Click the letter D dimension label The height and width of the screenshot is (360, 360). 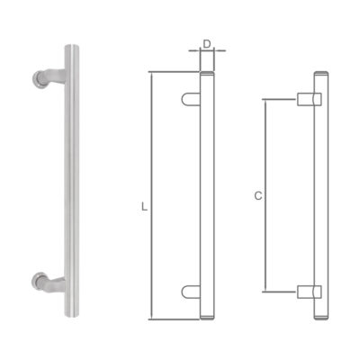point(206,43)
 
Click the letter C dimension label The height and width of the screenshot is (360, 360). point(258,194)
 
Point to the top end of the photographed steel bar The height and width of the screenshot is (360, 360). point(70,45)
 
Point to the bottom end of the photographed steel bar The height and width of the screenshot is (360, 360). point(70,316)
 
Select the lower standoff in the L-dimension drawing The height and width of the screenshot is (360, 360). point(191,290)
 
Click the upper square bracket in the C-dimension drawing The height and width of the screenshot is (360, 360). point(305,98)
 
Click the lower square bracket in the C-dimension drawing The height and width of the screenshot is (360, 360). point(305,290)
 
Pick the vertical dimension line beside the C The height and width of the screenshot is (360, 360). point(266,194)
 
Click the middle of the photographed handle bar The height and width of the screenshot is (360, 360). point(70,180)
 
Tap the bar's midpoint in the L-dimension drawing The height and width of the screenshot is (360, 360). point(206,194)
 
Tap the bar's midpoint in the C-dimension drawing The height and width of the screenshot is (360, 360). point(319,194)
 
